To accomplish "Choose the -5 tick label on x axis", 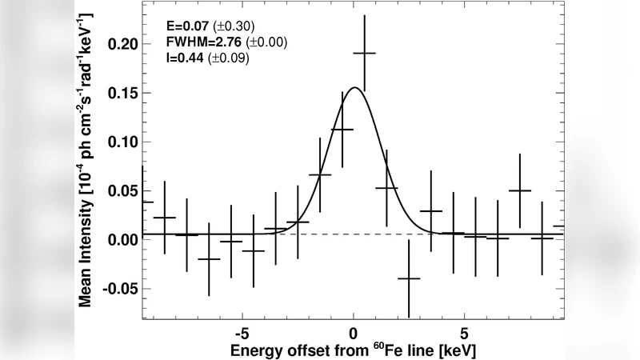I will [x=242, y=331].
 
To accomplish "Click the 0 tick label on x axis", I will [x=354, y=331].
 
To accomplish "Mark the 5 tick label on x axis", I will [x=464, y=331].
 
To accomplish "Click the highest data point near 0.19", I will [x=364, y=54].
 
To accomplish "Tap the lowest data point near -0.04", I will [x=409, y=278].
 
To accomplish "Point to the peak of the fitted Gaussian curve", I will [x=354, y=88].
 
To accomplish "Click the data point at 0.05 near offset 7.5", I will [x=520, y=190].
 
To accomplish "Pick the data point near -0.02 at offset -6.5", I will [x=209, y=259].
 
